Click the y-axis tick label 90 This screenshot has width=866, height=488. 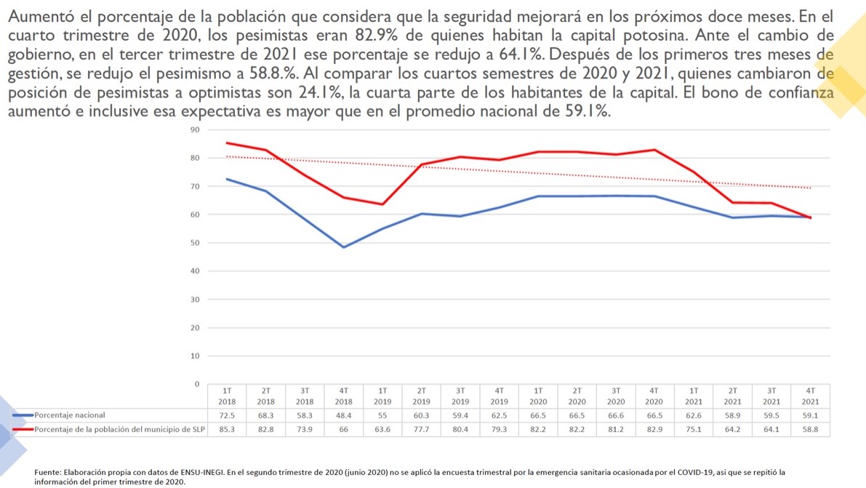point(194,130)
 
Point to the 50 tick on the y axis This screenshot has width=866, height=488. point(194,243)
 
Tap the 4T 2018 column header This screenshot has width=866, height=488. point(343,396)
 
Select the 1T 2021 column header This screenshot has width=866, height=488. point(694,396)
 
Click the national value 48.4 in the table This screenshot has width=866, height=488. point(343,415)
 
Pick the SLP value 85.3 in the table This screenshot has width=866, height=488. point(227,429)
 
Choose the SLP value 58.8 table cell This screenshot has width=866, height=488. point(810,429)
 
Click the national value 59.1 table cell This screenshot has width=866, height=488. point(810,415)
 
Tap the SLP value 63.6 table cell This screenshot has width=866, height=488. point(382,429)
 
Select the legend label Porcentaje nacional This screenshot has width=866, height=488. point(70,415)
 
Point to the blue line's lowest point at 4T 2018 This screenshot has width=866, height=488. point(344,247)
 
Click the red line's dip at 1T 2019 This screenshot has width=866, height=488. point(382,204)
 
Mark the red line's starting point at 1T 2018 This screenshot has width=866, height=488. point(228,143)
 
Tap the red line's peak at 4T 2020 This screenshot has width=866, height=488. point(655,150)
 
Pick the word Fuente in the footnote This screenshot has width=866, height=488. point(49,472)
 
